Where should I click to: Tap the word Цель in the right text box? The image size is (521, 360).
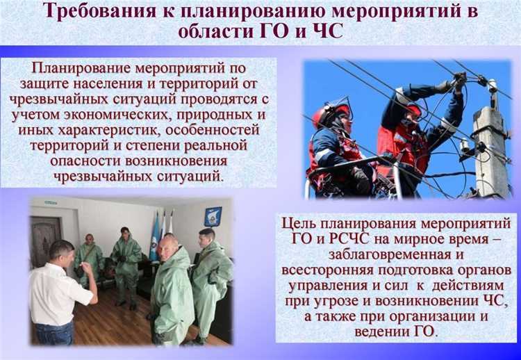(x=301, y=223)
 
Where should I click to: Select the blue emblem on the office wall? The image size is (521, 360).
(x=213, y=216)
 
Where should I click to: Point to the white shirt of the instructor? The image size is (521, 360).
(x=54, y=293)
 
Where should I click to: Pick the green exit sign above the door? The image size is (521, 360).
(x=50, y=203)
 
